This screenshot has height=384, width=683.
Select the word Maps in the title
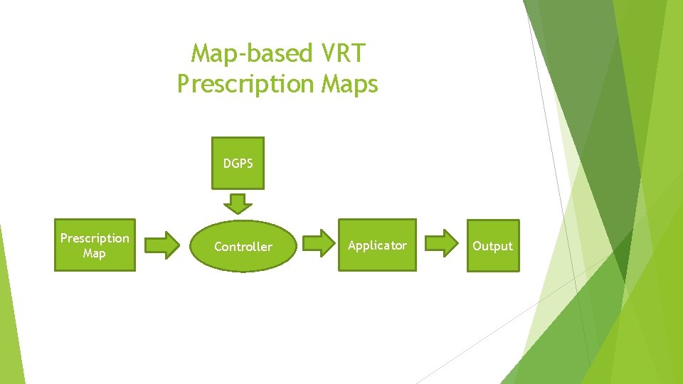349,84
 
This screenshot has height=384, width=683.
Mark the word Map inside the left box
94,253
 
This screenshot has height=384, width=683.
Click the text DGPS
238,163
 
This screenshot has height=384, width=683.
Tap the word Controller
243,247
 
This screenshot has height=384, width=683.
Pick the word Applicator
377,245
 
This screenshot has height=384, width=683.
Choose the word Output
492,246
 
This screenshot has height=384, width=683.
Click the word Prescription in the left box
95,238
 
